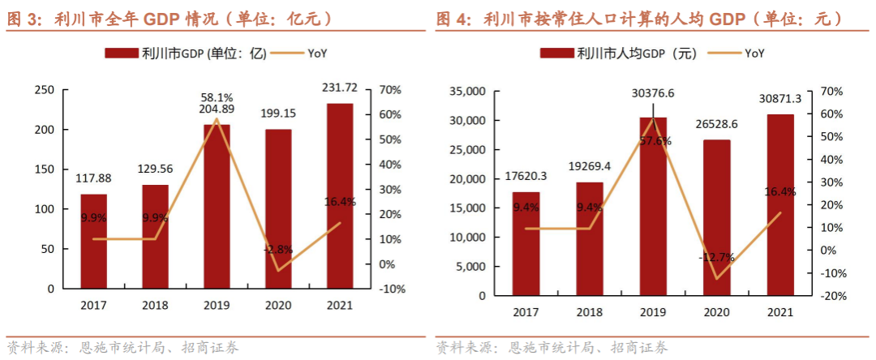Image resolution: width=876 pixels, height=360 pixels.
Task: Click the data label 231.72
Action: [340, 87]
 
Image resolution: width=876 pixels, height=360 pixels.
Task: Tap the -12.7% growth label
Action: [717, 258]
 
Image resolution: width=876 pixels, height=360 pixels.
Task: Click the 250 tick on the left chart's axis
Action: [45, 90]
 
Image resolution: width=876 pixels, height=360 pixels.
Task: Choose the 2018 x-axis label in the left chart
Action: [155, 305]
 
